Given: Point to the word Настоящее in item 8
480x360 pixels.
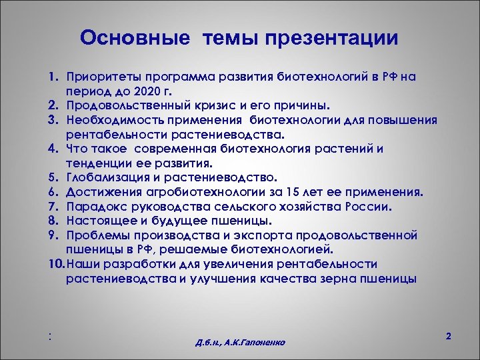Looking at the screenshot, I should point(97,221).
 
